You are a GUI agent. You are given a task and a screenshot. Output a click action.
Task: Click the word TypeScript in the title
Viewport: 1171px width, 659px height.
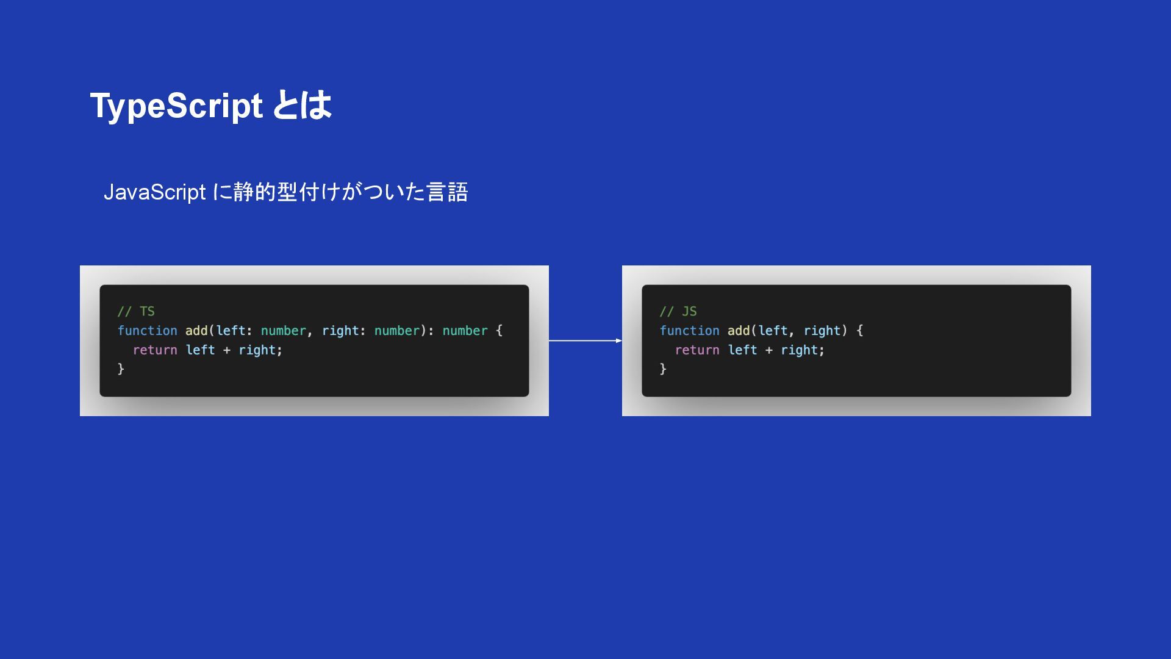[x=176, y=106]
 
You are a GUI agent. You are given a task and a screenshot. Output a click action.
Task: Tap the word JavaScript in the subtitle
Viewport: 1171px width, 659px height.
[x=155, y=192]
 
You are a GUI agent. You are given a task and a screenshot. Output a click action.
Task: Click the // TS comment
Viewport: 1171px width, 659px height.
[x=136, y=311]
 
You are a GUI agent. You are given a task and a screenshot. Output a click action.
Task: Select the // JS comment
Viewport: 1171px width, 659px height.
[x=678, y=311]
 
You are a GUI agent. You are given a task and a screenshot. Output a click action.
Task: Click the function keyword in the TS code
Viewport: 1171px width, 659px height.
[x=147, y=331]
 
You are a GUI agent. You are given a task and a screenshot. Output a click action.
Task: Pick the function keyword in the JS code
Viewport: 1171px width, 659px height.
[x=689, y=331]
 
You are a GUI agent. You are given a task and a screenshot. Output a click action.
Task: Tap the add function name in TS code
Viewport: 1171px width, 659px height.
[x=196, y=331]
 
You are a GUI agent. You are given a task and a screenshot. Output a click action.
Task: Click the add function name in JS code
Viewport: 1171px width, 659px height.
[x=739, y=331]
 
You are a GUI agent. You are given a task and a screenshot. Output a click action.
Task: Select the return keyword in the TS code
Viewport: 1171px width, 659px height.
[x=155, y=350]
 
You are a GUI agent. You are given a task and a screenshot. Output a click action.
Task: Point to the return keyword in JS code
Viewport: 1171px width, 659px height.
[x=697, y=350]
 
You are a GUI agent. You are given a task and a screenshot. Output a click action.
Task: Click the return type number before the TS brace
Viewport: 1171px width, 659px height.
[x=465, y=331]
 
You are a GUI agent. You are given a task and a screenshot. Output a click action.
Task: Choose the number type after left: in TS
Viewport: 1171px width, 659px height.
[x=284, y=331]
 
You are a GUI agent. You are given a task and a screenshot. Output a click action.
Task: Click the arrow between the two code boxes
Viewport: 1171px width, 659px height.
[x=585, y=340]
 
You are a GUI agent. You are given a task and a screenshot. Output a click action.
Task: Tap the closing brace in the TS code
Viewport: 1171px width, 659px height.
[x=121, y=369]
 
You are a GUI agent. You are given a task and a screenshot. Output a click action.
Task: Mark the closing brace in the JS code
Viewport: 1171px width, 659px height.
[x=663, y=369]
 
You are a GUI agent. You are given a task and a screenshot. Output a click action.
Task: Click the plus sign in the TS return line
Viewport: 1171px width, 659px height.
[x=226, y=350]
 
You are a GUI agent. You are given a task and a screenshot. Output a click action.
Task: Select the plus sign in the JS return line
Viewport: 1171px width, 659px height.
[x=768, y=350]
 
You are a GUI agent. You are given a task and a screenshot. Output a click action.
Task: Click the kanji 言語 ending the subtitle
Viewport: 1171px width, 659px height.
[x=447, y=192]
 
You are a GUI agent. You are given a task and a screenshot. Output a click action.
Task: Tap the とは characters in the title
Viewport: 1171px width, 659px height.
[x=302, y=106]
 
